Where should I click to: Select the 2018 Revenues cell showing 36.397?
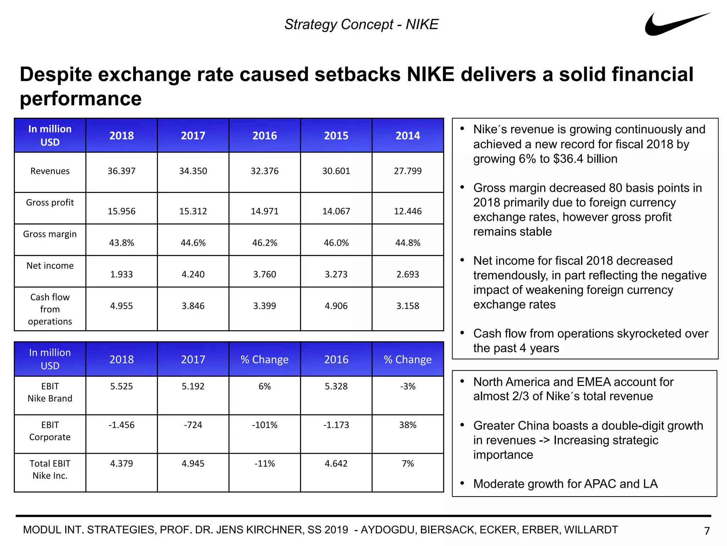[x=121, y=171]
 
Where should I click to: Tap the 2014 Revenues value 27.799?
[x=408, y=171]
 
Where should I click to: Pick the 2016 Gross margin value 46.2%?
[x=264, y=243]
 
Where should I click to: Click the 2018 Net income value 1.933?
[x=121, y=274]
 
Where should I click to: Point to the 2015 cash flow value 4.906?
[x=336, y=306]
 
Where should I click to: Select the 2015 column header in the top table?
[x=336, y=135]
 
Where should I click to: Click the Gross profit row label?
[x=50, y=203]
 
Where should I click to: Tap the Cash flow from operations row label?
[x=50, y=309]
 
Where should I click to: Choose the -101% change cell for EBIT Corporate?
[x=264, y=425]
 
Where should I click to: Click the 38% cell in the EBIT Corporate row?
[x=408, y=425]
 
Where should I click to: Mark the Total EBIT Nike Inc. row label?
[x=50, y=469]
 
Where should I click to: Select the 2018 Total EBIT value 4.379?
[x=121, y=464]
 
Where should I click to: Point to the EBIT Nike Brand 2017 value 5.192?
[x=193, y=386]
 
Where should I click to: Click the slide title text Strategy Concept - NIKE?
[x=361, y=25]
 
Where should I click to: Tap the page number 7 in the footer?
[x=706, y=531]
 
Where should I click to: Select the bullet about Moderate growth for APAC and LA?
[x=565, y=484]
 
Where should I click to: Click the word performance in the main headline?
[x=81, y=98]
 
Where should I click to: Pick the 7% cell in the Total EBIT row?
[x=408, y=464]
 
